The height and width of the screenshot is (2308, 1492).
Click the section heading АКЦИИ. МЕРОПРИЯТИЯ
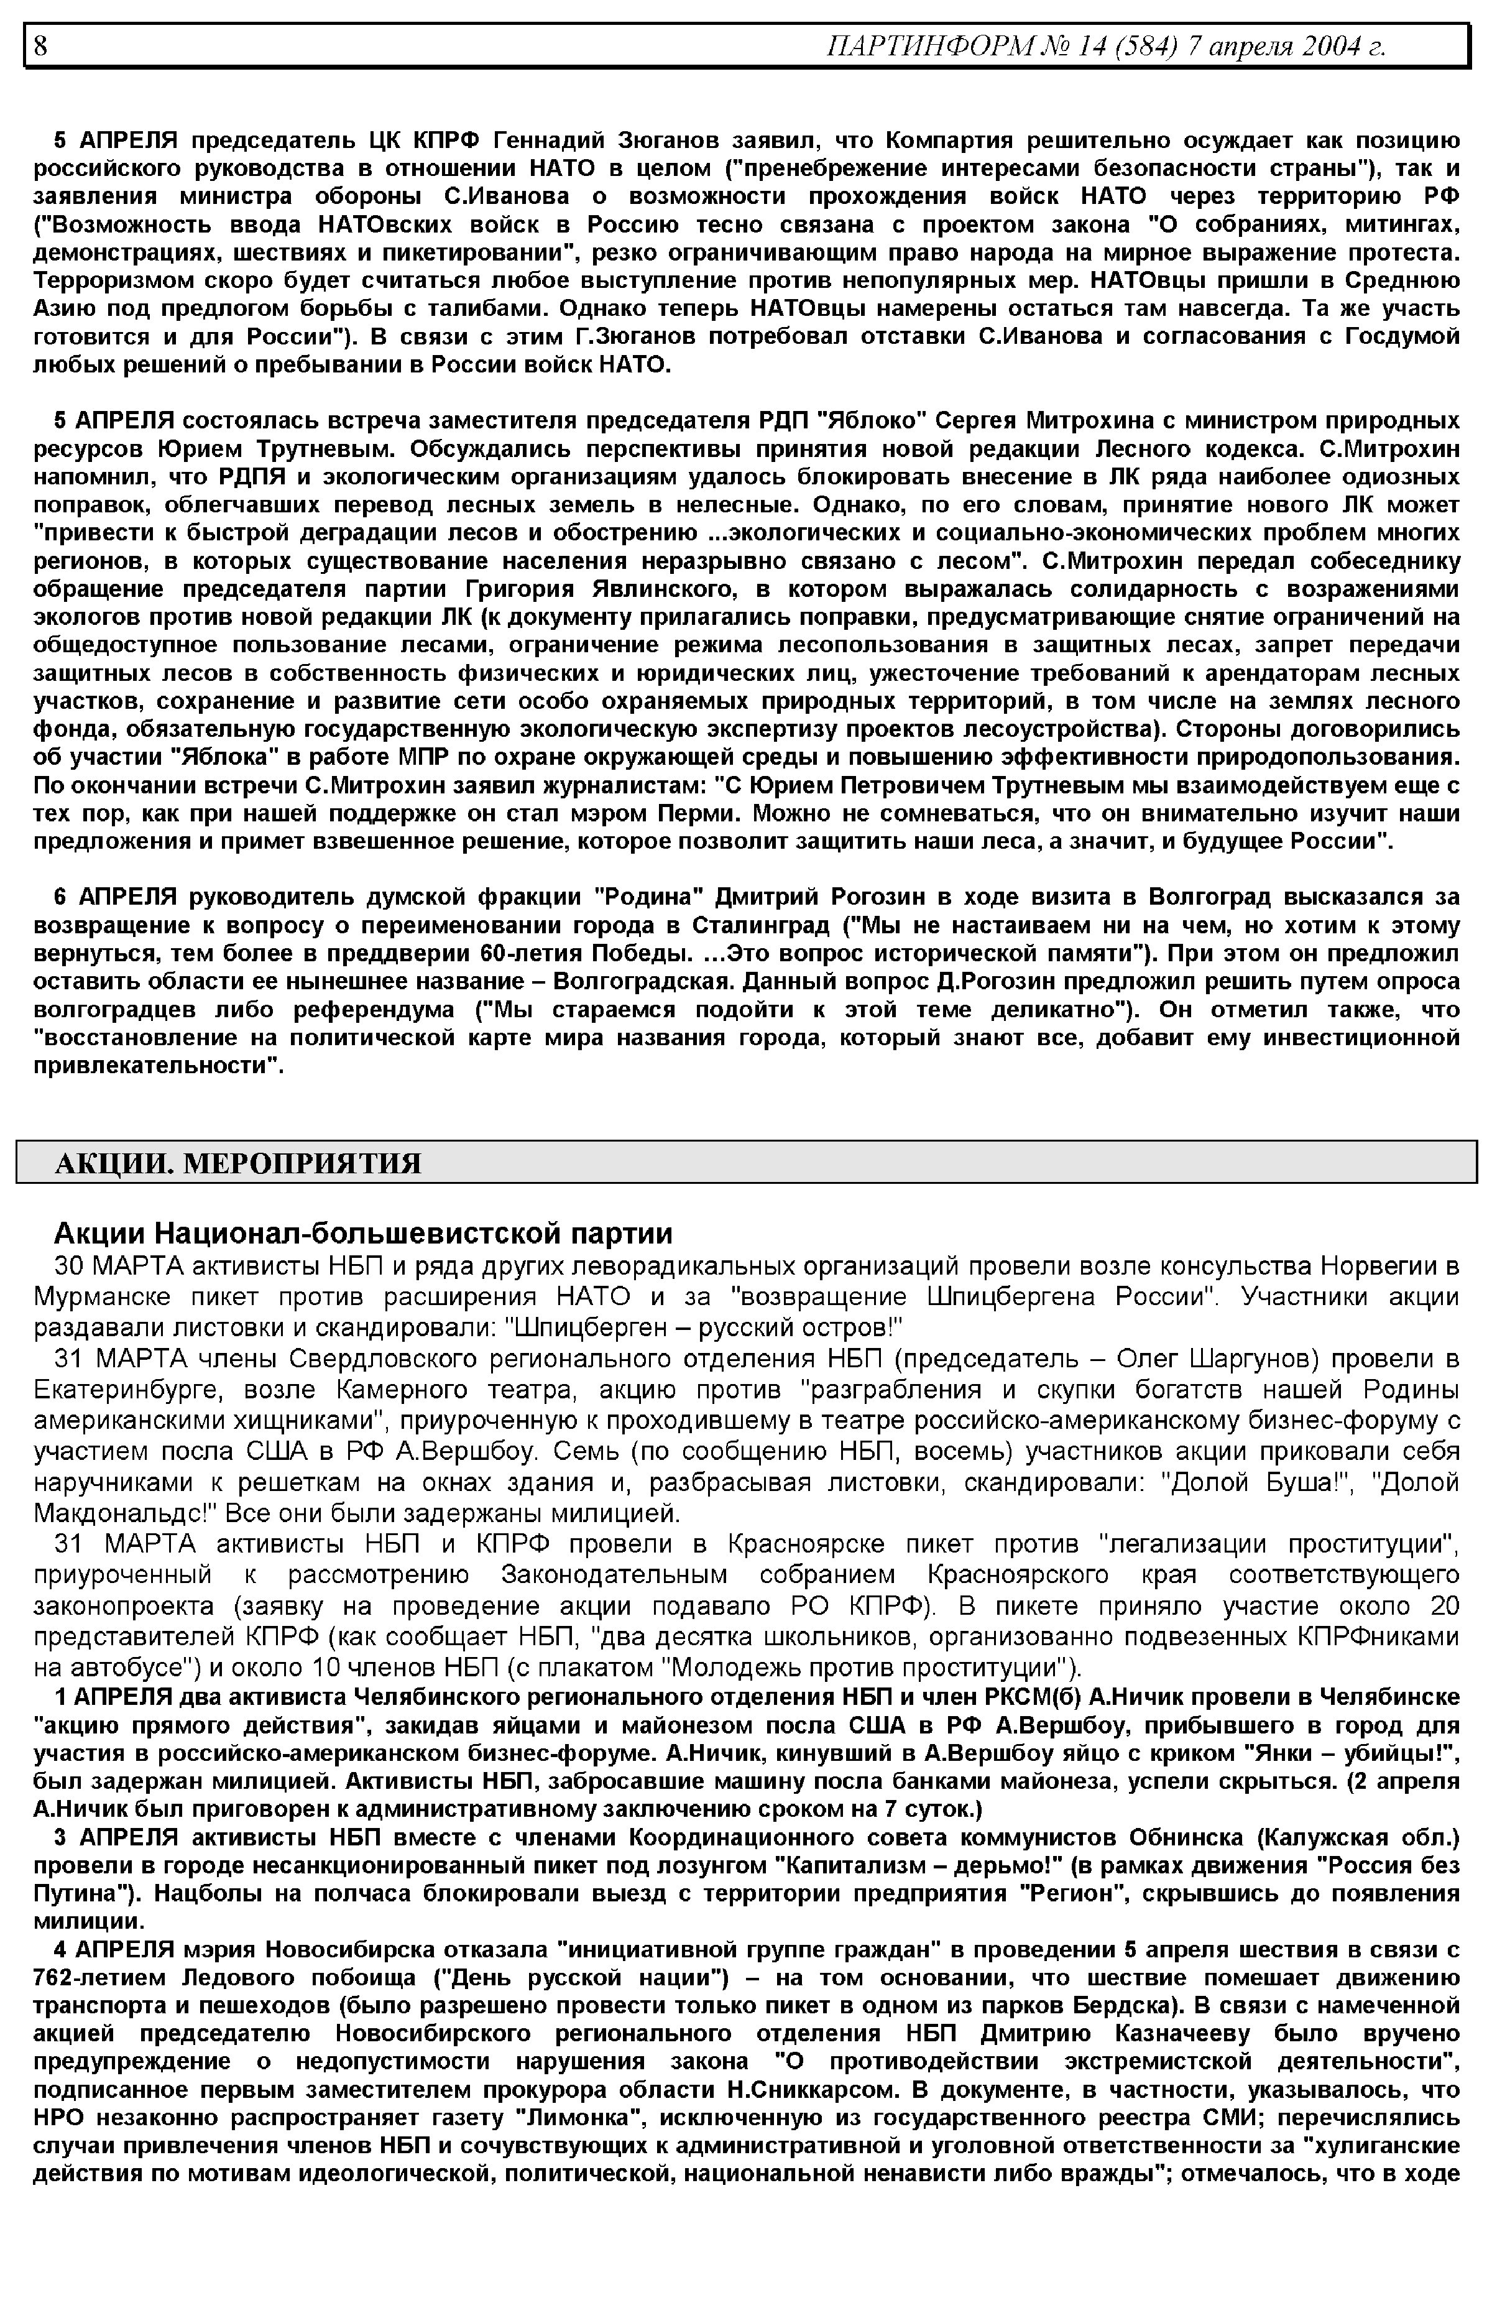click(x=238, y=1163)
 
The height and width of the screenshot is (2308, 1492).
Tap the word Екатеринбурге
click(x=127, y=1390)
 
